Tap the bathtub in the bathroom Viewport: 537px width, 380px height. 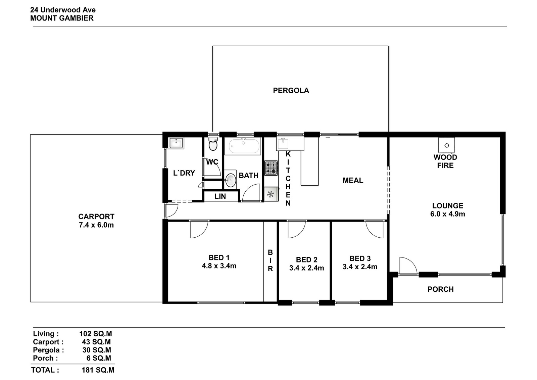tap(244, 146)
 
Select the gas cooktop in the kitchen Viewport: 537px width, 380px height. tap(271, 168)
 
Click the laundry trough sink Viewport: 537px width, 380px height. tap(177, 143)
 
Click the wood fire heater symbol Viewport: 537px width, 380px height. tap(447, 145)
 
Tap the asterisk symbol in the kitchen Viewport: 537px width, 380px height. tap(271, 194)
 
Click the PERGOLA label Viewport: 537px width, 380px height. tap(291, 90)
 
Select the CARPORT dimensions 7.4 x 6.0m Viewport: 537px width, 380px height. tap(96, 225)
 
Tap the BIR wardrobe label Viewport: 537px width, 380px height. tap(270, 260)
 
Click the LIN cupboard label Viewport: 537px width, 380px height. tap(220, 196)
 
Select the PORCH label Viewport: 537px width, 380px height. tap(441, 289)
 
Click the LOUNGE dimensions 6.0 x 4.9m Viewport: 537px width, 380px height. tap(448, 214)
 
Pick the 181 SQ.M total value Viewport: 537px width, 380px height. tap(98, 370)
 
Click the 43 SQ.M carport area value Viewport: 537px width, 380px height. tap(96, 342)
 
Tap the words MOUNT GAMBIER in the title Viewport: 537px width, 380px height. tap(62, 18)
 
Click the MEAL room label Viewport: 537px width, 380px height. tap(353, 180)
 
